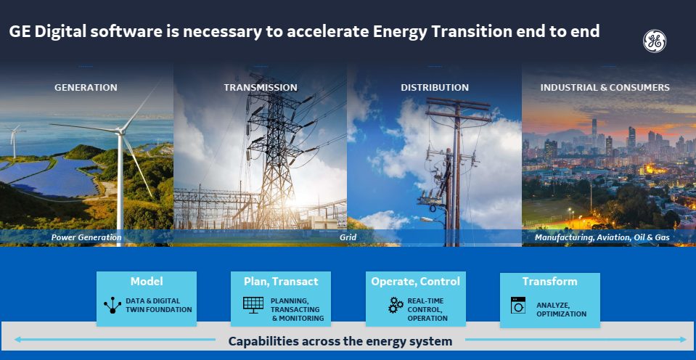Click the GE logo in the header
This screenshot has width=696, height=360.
655,41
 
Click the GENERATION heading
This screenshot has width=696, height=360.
86,87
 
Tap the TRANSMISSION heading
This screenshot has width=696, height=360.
261,87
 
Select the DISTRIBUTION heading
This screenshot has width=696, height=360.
435,87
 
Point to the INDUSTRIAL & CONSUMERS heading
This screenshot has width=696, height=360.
605,87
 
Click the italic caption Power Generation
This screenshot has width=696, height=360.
86,237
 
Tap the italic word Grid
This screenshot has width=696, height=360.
348,237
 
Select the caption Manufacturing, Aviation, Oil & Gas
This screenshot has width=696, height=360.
602,237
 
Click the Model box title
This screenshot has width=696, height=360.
147,282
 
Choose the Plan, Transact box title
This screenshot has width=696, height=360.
281,282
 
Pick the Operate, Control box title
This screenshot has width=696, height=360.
415,282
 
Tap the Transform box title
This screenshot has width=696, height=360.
549,282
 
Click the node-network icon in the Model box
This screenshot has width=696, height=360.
112,305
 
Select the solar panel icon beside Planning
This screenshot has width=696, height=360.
253,305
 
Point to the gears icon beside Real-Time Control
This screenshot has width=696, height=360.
396,305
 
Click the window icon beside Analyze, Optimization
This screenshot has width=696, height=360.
517,305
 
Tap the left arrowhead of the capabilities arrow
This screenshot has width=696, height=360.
17,340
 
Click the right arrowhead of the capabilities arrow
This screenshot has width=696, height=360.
683,340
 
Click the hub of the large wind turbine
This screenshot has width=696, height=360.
119,131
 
